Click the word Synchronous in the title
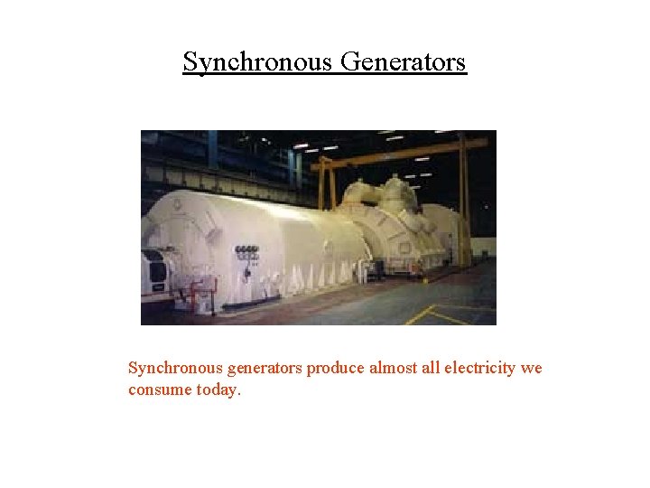(258, 62)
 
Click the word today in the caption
(219, 389)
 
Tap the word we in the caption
(532, 369)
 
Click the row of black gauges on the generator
(246, 249)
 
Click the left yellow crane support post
(322, 186)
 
